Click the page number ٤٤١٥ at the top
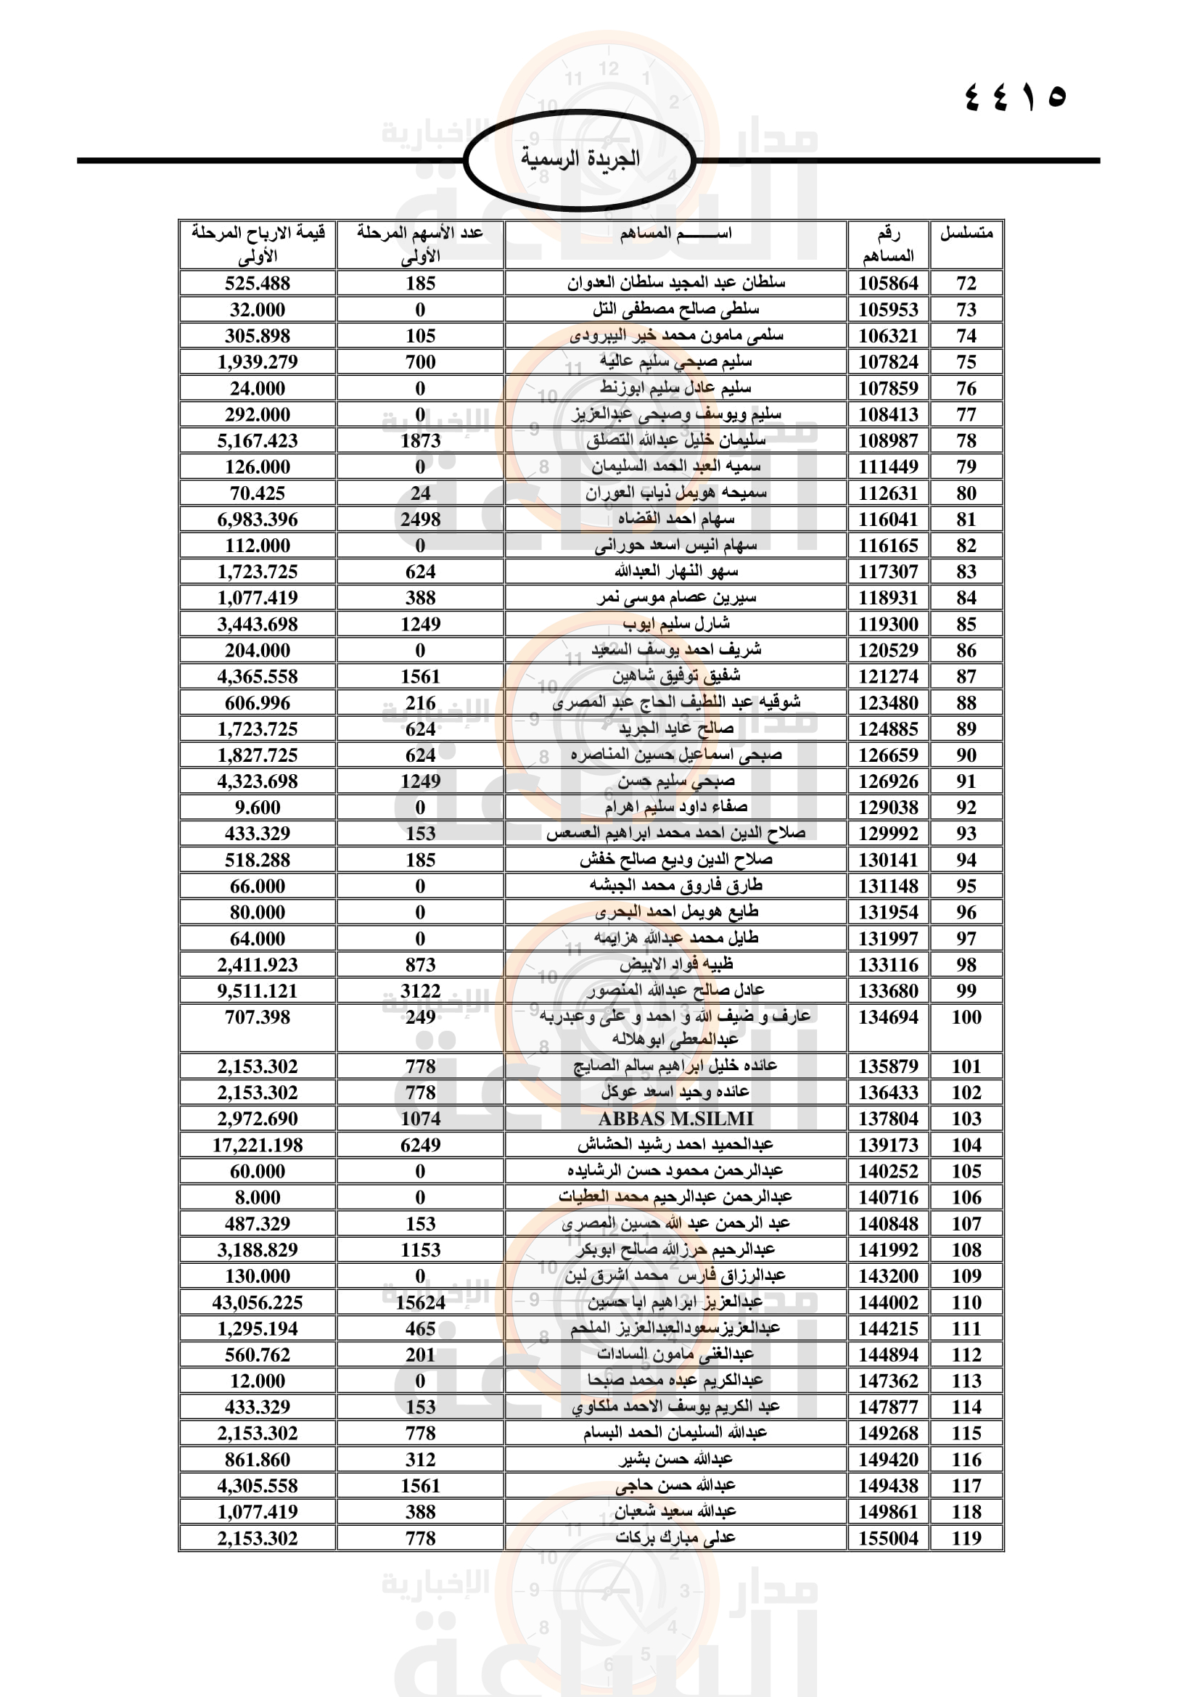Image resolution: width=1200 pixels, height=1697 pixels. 1016,96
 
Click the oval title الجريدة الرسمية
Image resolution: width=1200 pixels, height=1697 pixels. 580,159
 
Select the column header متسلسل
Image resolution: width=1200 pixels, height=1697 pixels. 966,234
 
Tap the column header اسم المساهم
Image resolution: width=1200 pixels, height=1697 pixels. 675,234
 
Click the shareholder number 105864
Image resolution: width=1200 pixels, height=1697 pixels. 887,283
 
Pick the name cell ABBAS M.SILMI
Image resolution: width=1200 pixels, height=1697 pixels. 675,1119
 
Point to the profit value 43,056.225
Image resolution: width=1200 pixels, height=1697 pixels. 257,1302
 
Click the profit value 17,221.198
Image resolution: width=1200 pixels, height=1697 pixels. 257,1145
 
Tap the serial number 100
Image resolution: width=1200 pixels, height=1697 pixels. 966,1018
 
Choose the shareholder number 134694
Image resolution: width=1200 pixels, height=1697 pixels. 887,1018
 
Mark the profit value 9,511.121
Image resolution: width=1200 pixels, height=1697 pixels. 257,991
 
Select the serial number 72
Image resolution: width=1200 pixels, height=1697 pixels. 966,283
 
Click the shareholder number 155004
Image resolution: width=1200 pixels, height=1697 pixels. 887,1539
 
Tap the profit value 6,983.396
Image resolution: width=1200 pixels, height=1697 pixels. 257,519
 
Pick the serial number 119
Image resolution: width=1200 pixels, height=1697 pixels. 966,1539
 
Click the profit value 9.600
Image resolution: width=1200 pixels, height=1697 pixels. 257,808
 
